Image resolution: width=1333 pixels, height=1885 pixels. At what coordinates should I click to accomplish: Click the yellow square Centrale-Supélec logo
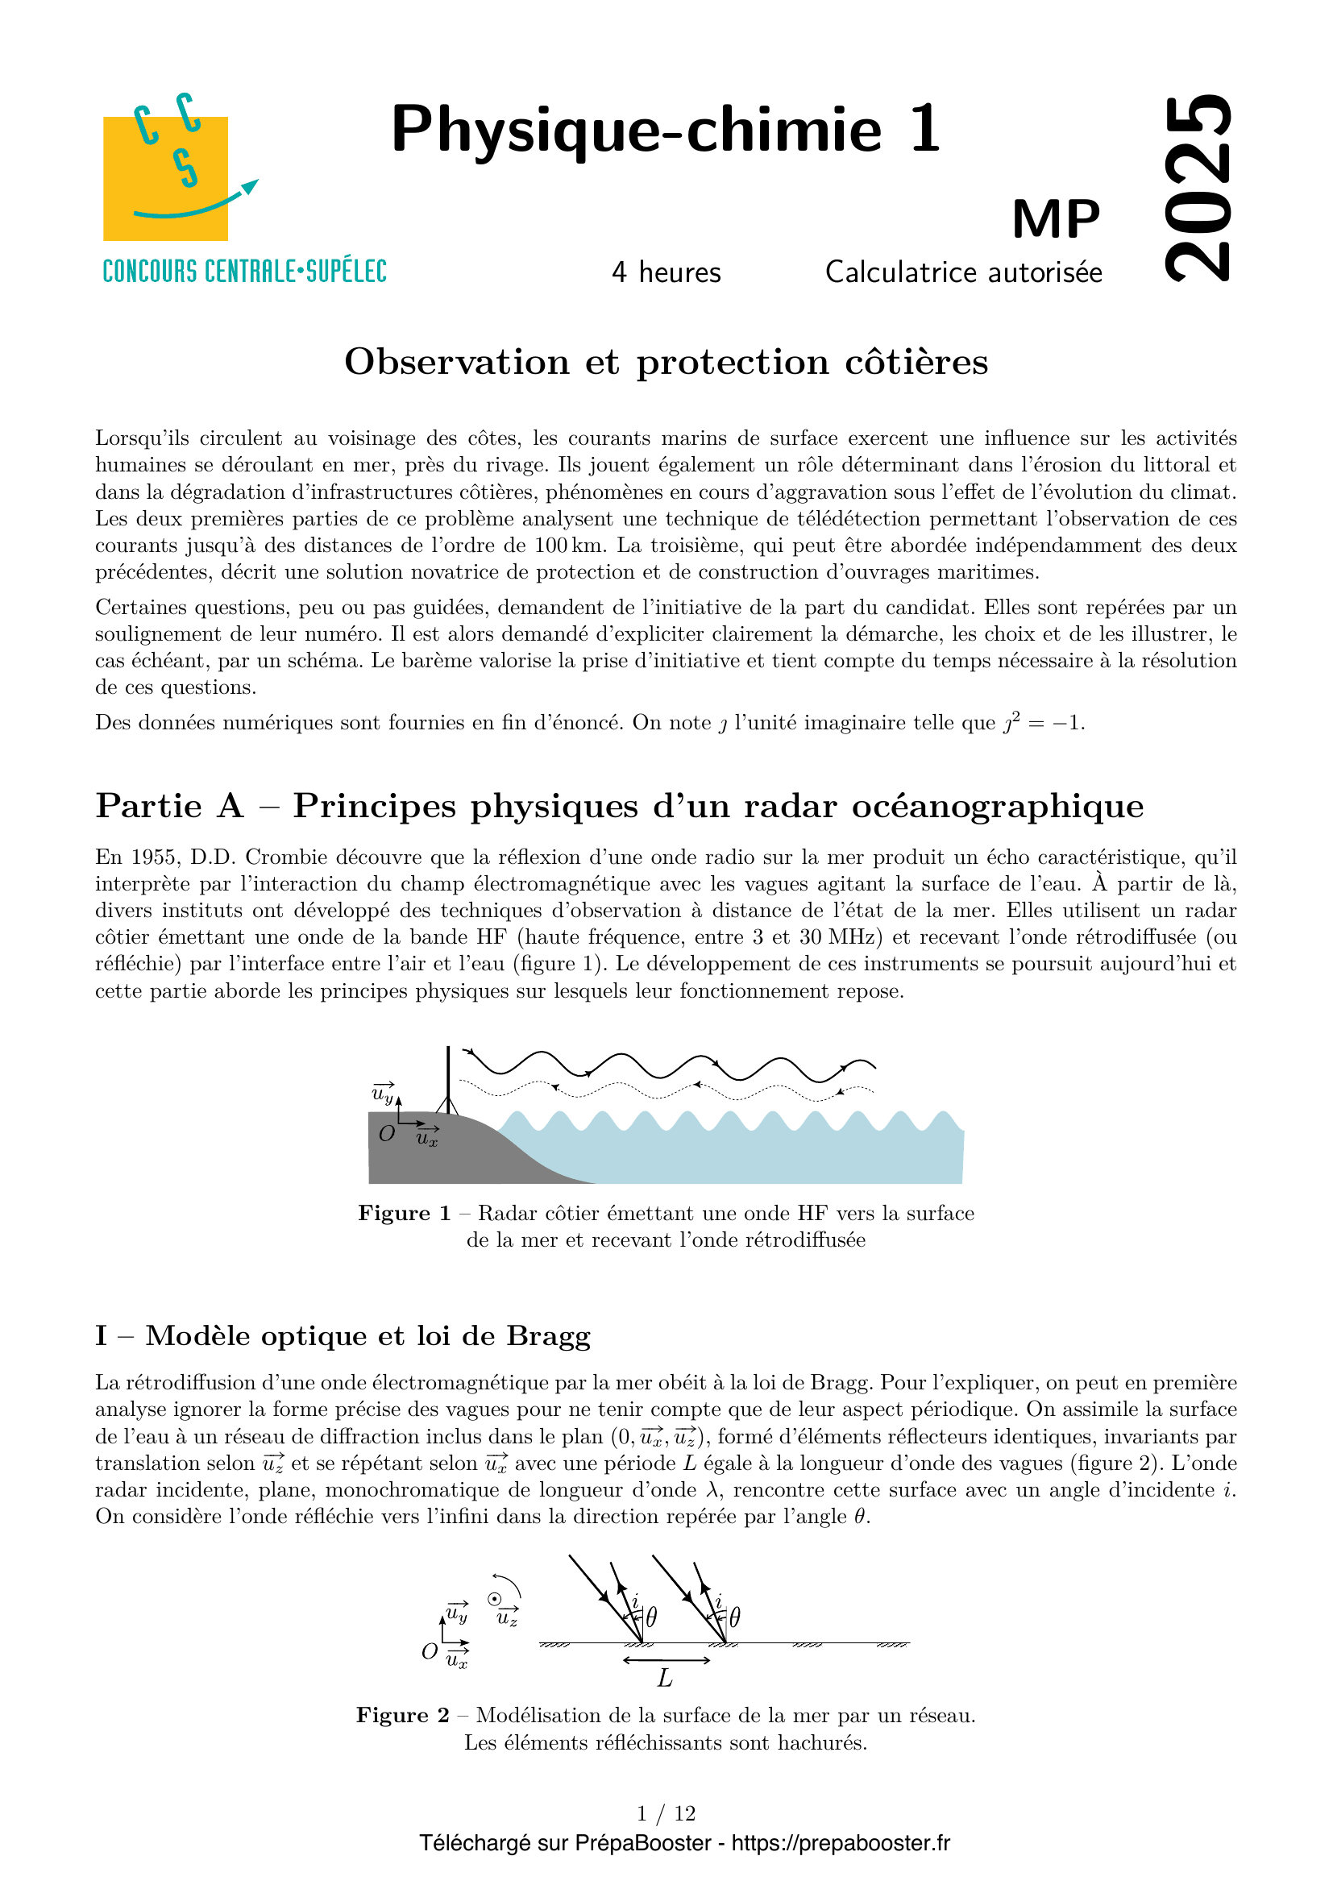tap(165, 178)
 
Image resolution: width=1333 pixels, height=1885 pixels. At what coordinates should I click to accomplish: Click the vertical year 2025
tap(1198, 187)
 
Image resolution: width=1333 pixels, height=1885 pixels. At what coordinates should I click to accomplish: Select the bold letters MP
tap(1056, 219)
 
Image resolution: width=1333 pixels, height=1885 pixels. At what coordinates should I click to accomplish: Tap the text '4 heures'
tap(666, 272)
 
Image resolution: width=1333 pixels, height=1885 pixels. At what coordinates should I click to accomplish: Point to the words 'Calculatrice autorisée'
tap(964, 272)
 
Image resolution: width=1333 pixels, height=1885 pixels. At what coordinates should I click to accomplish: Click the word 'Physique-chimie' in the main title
tap(636, 130)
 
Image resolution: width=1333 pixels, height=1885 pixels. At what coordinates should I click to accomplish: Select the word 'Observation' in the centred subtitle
tap(456, 362)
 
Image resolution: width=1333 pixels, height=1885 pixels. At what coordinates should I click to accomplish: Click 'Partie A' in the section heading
tap(170, 806)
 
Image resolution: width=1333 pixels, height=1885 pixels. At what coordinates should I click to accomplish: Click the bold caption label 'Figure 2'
tap(402, 1715)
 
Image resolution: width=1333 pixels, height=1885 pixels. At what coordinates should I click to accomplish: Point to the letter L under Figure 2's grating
tap(665, 1678)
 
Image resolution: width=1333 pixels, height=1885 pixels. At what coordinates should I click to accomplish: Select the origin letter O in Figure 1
tap(387, 1134)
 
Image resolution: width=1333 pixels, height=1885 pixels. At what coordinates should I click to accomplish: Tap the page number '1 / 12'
tap(666, 1812)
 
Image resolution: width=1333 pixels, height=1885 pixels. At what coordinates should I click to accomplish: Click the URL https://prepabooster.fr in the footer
tap(841, 1843)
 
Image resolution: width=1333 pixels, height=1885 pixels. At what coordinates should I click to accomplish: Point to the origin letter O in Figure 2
tap(429, 1651)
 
